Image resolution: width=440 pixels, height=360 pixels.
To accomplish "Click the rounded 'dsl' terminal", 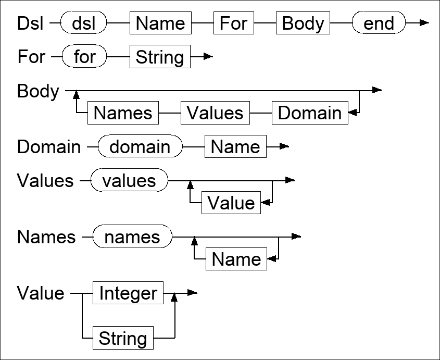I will click(84, 23).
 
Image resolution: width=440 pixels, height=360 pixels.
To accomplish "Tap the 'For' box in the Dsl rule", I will click(233, 23).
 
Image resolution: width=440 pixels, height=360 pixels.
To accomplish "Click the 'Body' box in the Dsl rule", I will click(303, 23).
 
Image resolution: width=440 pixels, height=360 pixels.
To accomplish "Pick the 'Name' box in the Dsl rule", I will click(160, 23).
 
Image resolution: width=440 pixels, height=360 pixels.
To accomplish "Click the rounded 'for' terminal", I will click(84, 56).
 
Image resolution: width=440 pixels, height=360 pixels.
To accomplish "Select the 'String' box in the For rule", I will click(160, 57).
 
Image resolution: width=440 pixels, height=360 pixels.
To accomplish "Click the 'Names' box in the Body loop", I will click(123, 113).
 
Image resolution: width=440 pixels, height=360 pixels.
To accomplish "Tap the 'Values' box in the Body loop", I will click(215, 113).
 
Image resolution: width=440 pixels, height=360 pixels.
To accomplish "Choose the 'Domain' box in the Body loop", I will click(310, 113).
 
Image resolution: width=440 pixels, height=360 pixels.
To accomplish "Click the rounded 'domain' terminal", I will click(140, 147).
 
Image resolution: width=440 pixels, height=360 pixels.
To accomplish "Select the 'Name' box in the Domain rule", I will click(235, 147).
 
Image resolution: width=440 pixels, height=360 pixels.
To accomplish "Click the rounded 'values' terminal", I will click(129, 180).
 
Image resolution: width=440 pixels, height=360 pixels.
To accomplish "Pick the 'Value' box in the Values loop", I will click(231, 203).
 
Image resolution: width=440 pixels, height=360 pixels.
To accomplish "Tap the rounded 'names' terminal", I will click(132, 237).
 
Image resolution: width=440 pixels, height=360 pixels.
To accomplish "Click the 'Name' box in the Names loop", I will click(236, 259).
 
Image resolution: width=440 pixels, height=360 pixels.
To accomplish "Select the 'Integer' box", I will click(128, 293).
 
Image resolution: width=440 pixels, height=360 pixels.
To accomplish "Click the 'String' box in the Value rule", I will click(123, 339).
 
